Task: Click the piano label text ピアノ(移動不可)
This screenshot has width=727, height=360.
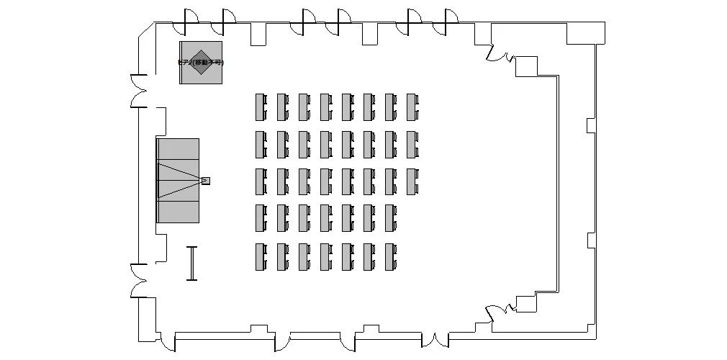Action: point(201,63)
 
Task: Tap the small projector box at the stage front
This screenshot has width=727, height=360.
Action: point(205,180)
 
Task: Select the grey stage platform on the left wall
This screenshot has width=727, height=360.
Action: point(178,180)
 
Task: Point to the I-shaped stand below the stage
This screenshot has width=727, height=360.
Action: point(191,263)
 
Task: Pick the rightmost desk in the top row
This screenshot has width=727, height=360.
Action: point(411,107)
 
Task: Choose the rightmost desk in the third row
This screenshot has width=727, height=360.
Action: point(411,181)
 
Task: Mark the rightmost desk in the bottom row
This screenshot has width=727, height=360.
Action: point(389,257)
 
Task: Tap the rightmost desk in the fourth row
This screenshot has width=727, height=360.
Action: point(389,218)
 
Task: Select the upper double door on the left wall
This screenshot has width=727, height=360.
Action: point(138,91)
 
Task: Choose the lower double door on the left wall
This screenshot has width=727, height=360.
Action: point(138,281)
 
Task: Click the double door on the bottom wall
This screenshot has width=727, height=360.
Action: point(435,341)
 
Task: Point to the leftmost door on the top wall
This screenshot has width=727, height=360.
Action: point(189,20)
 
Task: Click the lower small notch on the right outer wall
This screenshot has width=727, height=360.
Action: point(591,240)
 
